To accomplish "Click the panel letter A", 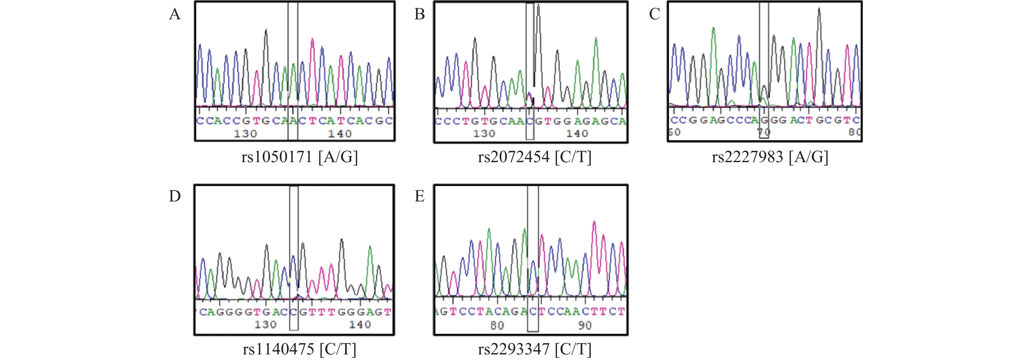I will pyautogui.click(x=175, y=14).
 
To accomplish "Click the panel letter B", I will pyautogui.click(x=419, y=14).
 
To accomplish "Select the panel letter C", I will pyautogui.click(x=654, y=14).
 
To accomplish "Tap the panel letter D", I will pyautogui.click(x=175, y=196).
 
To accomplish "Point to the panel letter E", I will pyautogui.click(x=419, y=196).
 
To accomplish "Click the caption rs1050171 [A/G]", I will pyautogui.click(x=299, y=157).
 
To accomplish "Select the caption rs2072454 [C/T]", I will pyautogui.click(x=534, y=157).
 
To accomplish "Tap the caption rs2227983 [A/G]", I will pyautogui.click(x=770, y=157).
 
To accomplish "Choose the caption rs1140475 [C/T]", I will pyautogui.click(x=299, y=349).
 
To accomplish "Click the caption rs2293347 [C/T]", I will pyautogui.click(x=534, y=349).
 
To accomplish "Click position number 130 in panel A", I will pyautogui.click(x=245, y=134).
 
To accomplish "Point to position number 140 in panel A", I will pyautogui.click(x=340, y=134).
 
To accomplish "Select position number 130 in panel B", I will pyautogui.click(x=484, y=134).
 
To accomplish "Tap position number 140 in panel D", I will pyautogui.click(x=360, y=325).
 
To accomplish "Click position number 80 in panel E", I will pyautogui.click(x=497, y=325).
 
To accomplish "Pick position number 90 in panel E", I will pyautogui.click(x=584, y=325).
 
